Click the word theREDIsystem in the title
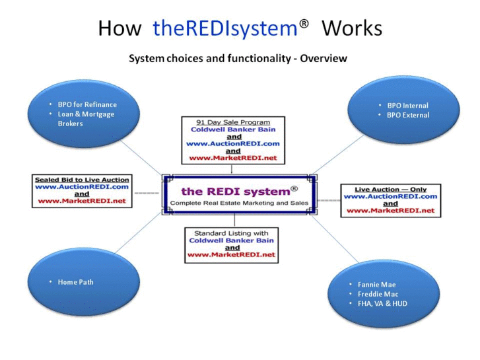[x=224, y=28]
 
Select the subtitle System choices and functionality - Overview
[x=238, y=58]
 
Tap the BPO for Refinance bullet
[x=86, y=104]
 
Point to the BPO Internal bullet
[x=407, y=105]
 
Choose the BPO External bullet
[x=407, y=115]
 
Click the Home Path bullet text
[x=75, y=282]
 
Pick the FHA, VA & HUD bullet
[x=382, y=304]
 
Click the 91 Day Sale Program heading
[x=233, y=122]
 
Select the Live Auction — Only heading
[x=390, y=189]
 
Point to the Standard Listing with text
[x=232, y=233]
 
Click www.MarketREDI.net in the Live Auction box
[x=390, y=211]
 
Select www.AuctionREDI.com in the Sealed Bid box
[x=82, y=186]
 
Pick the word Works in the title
[x=352, y=28]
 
